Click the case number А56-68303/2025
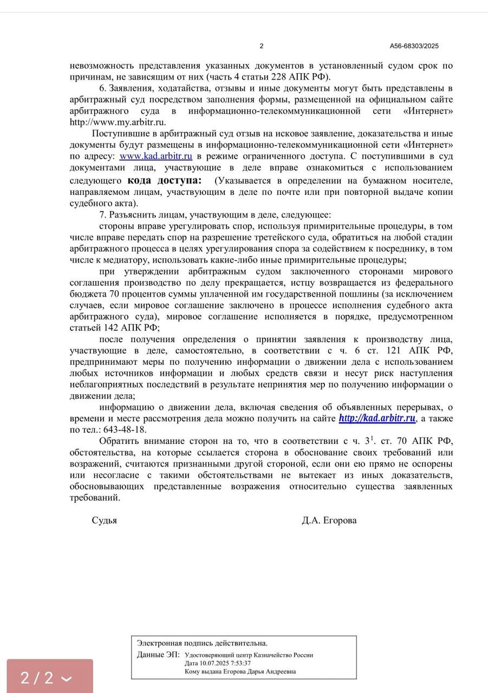click(x=414, y=46)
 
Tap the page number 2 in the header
click(x=262, y=46)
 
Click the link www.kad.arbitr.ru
click(x=156, y=156)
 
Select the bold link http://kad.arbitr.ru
click(x=377, y=419)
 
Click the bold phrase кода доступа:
click(x=164, y=180)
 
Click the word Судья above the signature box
click(x=105, y=520)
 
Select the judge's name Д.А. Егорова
click(x=329, y=520)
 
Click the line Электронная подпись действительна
click(x=202, y=643)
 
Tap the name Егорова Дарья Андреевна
click(x=261, y=671)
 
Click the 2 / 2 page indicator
click(x=37, y=677)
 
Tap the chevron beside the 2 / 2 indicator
click(x=67, y=678)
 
